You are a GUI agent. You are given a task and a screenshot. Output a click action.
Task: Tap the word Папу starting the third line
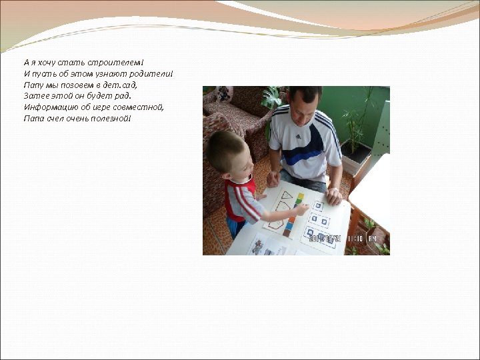point(33,85)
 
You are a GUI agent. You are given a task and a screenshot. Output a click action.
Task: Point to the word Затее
point(34,96)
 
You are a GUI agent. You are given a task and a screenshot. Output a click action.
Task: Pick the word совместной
point(141,107)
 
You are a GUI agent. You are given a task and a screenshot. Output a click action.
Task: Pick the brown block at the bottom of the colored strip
point(288,233)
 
